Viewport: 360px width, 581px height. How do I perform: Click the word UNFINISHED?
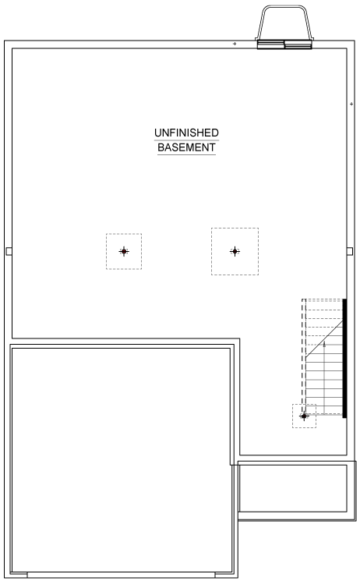186,133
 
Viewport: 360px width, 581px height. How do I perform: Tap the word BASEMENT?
186,147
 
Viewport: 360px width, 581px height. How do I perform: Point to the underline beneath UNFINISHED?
186,140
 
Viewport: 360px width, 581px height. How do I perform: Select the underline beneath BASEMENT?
186,154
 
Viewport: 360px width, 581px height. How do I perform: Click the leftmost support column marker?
124,251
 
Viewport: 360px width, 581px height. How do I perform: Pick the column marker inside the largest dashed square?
235,251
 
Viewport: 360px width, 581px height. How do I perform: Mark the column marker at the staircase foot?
304,416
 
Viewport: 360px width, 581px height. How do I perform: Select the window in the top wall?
284,44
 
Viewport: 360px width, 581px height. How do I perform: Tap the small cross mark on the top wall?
235,44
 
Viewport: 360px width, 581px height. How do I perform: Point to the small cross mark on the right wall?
351,105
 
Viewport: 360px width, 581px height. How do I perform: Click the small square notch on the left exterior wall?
9,251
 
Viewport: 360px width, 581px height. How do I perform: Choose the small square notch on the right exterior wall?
350,251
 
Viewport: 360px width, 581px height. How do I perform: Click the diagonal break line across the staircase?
324,338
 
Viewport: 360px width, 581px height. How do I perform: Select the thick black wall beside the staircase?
344,358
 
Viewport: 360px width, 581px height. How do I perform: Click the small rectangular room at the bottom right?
293,488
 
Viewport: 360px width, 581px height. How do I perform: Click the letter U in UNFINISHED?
157,133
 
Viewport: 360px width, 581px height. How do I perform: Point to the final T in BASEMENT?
213,147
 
